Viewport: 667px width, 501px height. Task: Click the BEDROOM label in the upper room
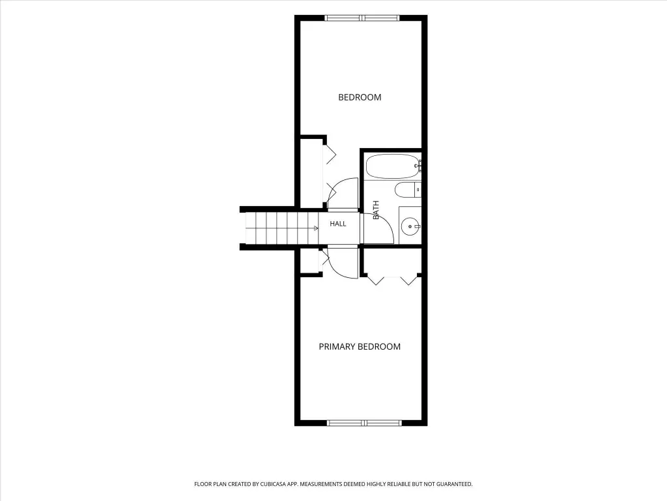pyautogui.click(x=360, y=97)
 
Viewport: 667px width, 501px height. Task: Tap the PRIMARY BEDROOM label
pyautogui.click(x=360, y=347)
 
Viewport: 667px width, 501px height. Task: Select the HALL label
pyautogui.click(x=338, y=224)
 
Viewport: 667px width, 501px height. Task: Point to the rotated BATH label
pyautogui.click(x=376, y=210)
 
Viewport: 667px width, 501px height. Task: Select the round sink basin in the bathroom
pyautogui.click(x=410, y=226)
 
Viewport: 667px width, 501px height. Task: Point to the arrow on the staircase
pyautogui.click(x=316, y=228)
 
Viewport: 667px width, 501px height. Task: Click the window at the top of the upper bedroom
pyautogui.click(x=362, y=18)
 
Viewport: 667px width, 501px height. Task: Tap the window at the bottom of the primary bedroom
pyautogui.click(x=364, y=423)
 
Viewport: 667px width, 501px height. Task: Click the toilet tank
pyautogui.click(x=418, y=190)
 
